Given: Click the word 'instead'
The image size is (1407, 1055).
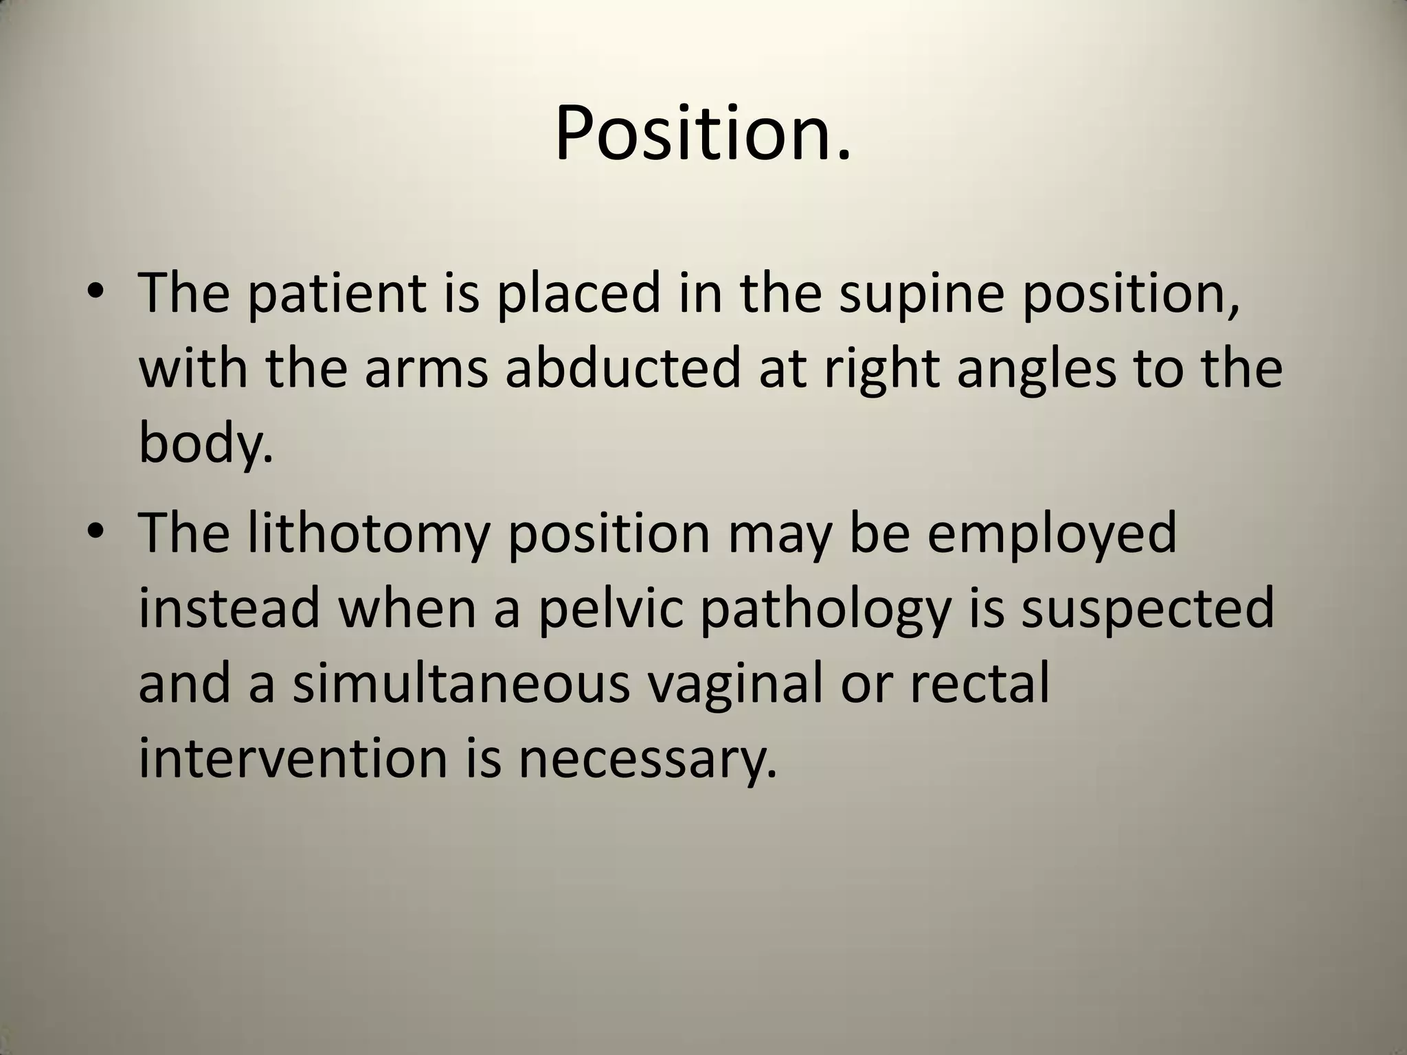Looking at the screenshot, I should click(229, 609).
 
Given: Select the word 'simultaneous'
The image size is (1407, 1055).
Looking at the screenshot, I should click(461, 685).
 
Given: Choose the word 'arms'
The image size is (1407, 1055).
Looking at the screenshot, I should click(426, 370).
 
